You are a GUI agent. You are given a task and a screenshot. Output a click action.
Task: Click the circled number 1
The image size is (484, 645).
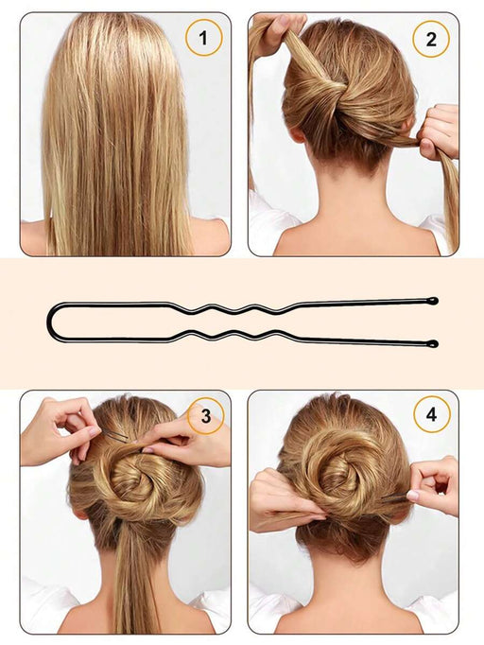[x=203, y=40]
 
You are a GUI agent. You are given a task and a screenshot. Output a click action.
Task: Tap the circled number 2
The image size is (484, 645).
[x=431, y=40]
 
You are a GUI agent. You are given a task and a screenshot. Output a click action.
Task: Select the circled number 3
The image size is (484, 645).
[x=205, y=415]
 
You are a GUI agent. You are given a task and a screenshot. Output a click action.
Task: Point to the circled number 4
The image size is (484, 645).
[x=431, y=415]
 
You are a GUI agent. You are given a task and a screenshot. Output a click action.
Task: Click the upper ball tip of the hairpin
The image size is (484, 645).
[x=432, y=301]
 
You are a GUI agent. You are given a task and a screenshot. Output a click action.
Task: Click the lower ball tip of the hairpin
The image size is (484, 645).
[x=433, y=343]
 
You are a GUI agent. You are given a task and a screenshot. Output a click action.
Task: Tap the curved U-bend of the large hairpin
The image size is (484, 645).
[x=55, y=322]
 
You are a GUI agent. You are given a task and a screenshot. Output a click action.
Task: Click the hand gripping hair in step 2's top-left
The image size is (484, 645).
[x=277, y=33]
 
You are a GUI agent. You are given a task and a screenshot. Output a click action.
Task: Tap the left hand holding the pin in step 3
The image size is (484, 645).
[x=60, y=430]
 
